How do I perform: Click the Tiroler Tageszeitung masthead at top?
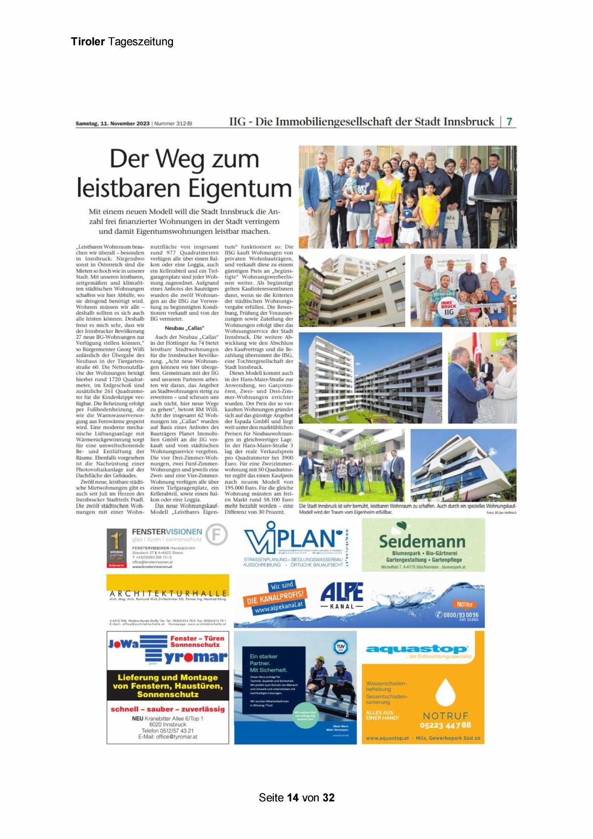[x=122, y=42]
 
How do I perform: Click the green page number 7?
[x=509, y=121]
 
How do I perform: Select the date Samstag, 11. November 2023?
[x=113, y=123]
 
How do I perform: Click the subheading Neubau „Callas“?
[x=184, y=328]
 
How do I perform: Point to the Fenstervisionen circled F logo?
[x=216, y=535]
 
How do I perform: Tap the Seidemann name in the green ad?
[x=422, y=542]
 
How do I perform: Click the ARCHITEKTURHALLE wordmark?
[x=168, y=593]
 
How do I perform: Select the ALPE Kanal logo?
[x=342, y=595]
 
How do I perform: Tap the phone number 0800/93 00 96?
[x=460, y=615]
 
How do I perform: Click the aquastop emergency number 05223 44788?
[x=445, y=725]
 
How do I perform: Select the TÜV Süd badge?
[x=340, y=647]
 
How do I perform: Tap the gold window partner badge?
[x=117, y=548]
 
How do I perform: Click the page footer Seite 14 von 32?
[x=296, y=797]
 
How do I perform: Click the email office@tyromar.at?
[x=167, y=737]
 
